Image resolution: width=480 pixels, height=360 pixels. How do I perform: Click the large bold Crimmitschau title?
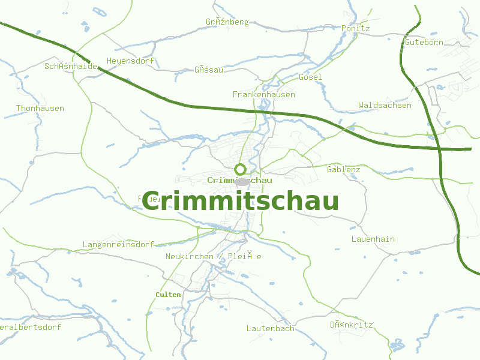click(241, 202)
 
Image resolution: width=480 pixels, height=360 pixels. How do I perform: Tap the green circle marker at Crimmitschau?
click(240, 169)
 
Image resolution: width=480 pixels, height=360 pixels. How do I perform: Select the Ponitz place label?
click(356, 28)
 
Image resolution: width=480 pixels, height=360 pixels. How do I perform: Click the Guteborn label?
click(424, 43)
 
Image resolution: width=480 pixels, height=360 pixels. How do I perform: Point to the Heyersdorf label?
click(131, 61)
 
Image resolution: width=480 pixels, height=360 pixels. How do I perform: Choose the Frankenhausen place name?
click(264, 95)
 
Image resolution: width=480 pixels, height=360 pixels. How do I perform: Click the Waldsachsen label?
click(385, 106)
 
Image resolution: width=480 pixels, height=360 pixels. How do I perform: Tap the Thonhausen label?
click(40, 109)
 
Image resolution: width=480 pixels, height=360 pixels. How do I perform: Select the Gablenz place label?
click(344, 170)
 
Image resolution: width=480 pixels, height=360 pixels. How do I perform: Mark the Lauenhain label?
click(373, 239)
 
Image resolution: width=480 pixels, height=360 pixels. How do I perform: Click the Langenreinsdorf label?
click(118, 245)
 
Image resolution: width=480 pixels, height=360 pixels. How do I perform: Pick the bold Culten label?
click(168, 295)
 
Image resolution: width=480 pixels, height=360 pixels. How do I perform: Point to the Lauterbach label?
click(271, 329)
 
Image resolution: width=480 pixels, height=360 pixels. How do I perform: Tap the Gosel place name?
click(310, 77)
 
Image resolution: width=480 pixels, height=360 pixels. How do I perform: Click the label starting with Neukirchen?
click(213, 257)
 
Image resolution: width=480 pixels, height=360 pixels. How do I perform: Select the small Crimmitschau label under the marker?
click(239, 180)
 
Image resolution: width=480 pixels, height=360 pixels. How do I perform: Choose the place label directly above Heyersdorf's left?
click(71, 66)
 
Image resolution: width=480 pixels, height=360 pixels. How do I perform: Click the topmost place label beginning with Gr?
click(227, 22)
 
